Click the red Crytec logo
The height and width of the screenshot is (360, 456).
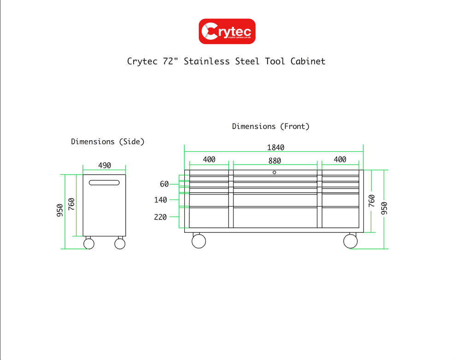tap(227, 31)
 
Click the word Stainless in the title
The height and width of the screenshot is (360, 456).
tap(206, 61)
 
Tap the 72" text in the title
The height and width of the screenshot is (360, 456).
tap(171, 61)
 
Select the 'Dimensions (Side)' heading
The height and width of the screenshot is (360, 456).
tap(107, 142)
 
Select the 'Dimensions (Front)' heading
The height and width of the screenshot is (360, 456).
tap(270, 126)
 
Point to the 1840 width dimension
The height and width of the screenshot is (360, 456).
tap(275, 148)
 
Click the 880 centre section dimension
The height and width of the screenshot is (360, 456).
tap(275, 160)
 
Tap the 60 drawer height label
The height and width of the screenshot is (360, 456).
tap(164, 184)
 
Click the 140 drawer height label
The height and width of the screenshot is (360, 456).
tap(161, 200)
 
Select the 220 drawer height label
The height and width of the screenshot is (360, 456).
tap(160, 217)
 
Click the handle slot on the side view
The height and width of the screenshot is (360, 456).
tap(105, 183)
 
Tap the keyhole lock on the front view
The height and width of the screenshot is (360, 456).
tap(274, 172)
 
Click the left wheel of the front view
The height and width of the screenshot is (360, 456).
tap(199, 241)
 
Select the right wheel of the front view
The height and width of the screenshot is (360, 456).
tap(350, 241)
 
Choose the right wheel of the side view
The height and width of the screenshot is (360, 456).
tap(120, 243)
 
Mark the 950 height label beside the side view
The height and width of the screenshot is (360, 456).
tap(60, 211)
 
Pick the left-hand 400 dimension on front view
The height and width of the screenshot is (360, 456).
tap(209, 159)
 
